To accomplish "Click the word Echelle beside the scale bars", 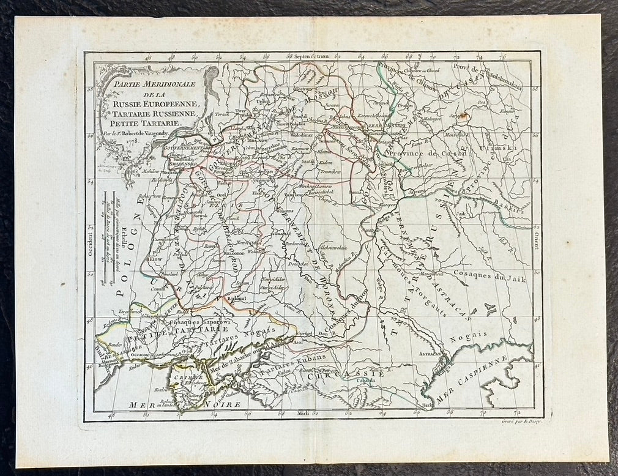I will coord(122,244).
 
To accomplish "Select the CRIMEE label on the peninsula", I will coord(185,379).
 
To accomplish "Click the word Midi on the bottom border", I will coord(302,414).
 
